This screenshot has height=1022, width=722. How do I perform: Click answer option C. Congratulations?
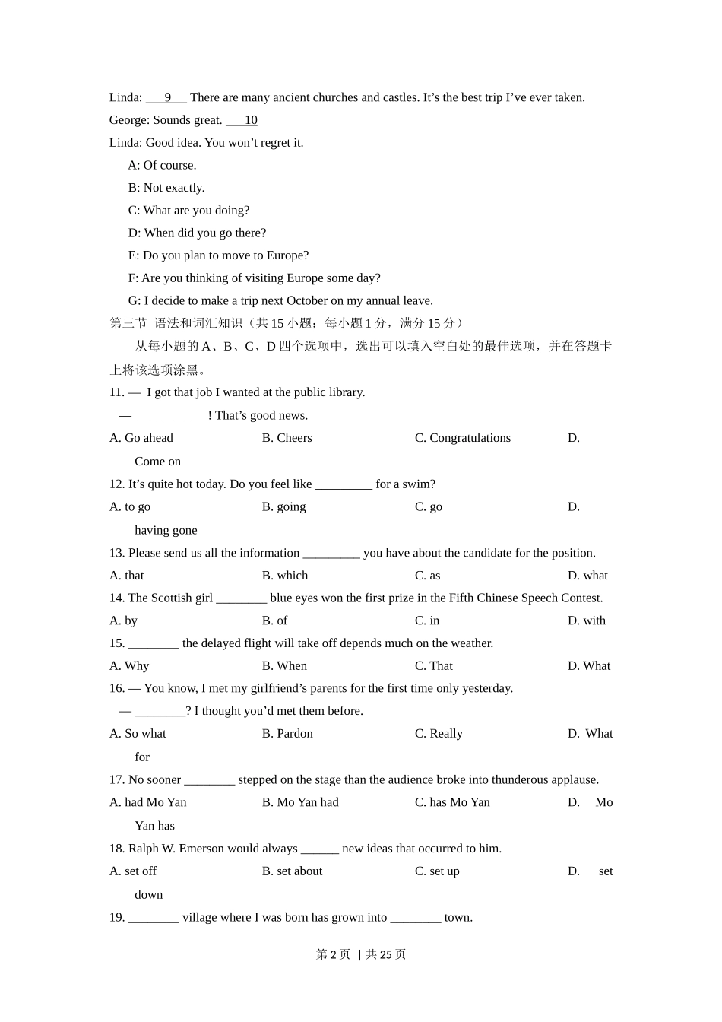pyautogui.click(x=462, y=438)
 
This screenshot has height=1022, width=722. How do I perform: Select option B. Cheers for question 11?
pyautogui.click(x=287, y=438)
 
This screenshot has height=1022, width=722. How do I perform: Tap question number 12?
pyautogui.click(x=116, y=484)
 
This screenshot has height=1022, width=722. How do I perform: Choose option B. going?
pyautogui.click(x=283, y=507)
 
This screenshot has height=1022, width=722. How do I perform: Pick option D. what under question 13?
pyautogui.click(x=587, y=576)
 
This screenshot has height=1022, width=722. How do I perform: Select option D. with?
pyautogui.click(x=586, y=620)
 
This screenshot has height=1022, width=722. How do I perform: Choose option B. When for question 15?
pyautogui.click(x=284, y=666)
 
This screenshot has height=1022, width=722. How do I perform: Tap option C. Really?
pyautogui.click(x=439, y=734)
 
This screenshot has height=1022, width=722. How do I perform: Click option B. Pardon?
pyautogui.click(x=287, y=734)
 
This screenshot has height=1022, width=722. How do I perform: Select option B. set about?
pyautogui.click(x=292, y=871)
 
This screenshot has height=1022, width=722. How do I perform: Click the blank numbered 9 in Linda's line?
pyautogui.click(x=166, y=98)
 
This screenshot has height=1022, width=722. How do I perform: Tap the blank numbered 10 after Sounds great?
pyautogui.click(x=242, y=120)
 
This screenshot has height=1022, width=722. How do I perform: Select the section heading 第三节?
pyautogui.click(x=128, y=324)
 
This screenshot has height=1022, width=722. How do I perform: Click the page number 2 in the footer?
pyautogui.click(x=333, y=954)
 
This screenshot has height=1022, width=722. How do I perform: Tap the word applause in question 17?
pyautogui.click(x=574, y=780)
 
